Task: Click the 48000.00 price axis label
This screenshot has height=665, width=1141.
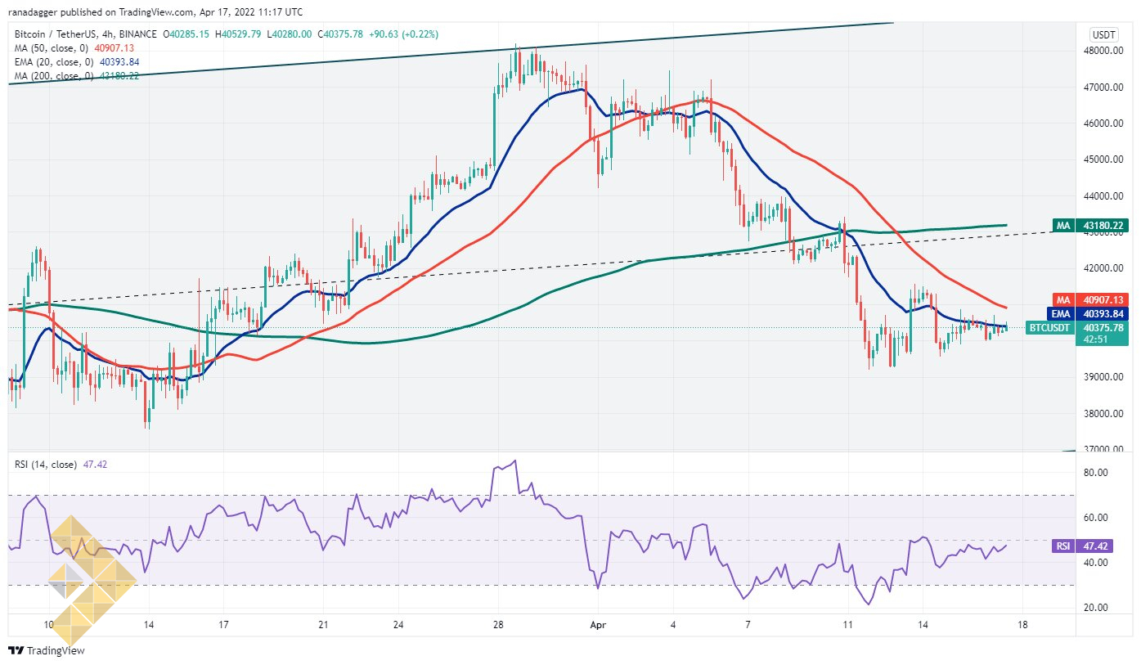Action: [x=1103, y=51]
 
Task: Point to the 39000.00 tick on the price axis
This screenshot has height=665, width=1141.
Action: [x=1103, y=377]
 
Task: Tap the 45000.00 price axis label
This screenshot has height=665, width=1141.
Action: [x=1103, y=160]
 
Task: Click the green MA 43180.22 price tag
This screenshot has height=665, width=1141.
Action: [x=1091, y=225]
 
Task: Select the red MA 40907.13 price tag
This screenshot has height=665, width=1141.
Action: [x=1091, y=300]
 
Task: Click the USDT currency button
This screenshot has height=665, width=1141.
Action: [x=1104, y=34]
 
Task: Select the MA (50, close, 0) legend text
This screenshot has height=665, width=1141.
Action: [x=52, y=48]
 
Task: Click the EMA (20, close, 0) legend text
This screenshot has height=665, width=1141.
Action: [x=54, y=62]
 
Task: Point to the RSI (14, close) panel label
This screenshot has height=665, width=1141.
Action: [x=46, y=465]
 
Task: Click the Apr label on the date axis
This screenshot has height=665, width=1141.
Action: [x=598, y=625]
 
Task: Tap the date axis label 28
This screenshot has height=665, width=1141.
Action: [x=498, y=625]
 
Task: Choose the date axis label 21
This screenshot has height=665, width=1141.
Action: [x=323, y=625]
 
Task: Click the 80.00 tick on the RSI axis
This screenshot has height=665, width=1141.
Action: [x=1096, y=473]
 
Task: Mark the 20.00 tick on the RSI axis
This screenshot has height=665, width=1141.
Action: [x=1096, y=608]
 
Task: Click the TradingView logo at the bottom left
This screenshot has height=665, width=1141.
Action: [x=47, y=651]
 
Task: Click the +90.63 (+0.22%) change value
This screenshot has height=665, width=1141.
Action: [x=403, y=34]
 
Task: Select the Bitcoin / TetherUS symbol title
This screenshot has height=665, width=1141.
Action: [x=56, y=34]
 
